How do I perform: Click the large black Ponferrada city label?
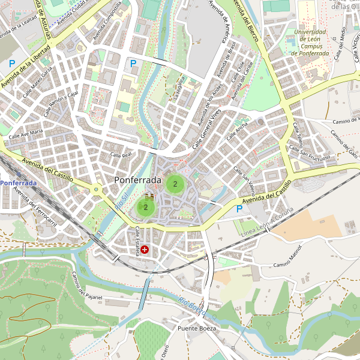(137, 180)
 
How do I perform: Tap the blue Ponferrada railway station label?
(18, 182)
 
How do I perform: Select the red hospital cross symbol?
(144, 249)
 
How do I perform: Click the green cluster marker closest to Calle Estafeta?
(145, 207)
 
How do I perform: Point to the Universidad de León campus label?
(310, 43)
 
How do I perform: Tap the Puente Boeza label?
(196, 328)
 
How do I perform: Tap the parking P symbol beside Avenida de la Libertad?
(11, 63)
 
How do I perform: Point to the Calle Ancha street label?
(237, 131)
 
